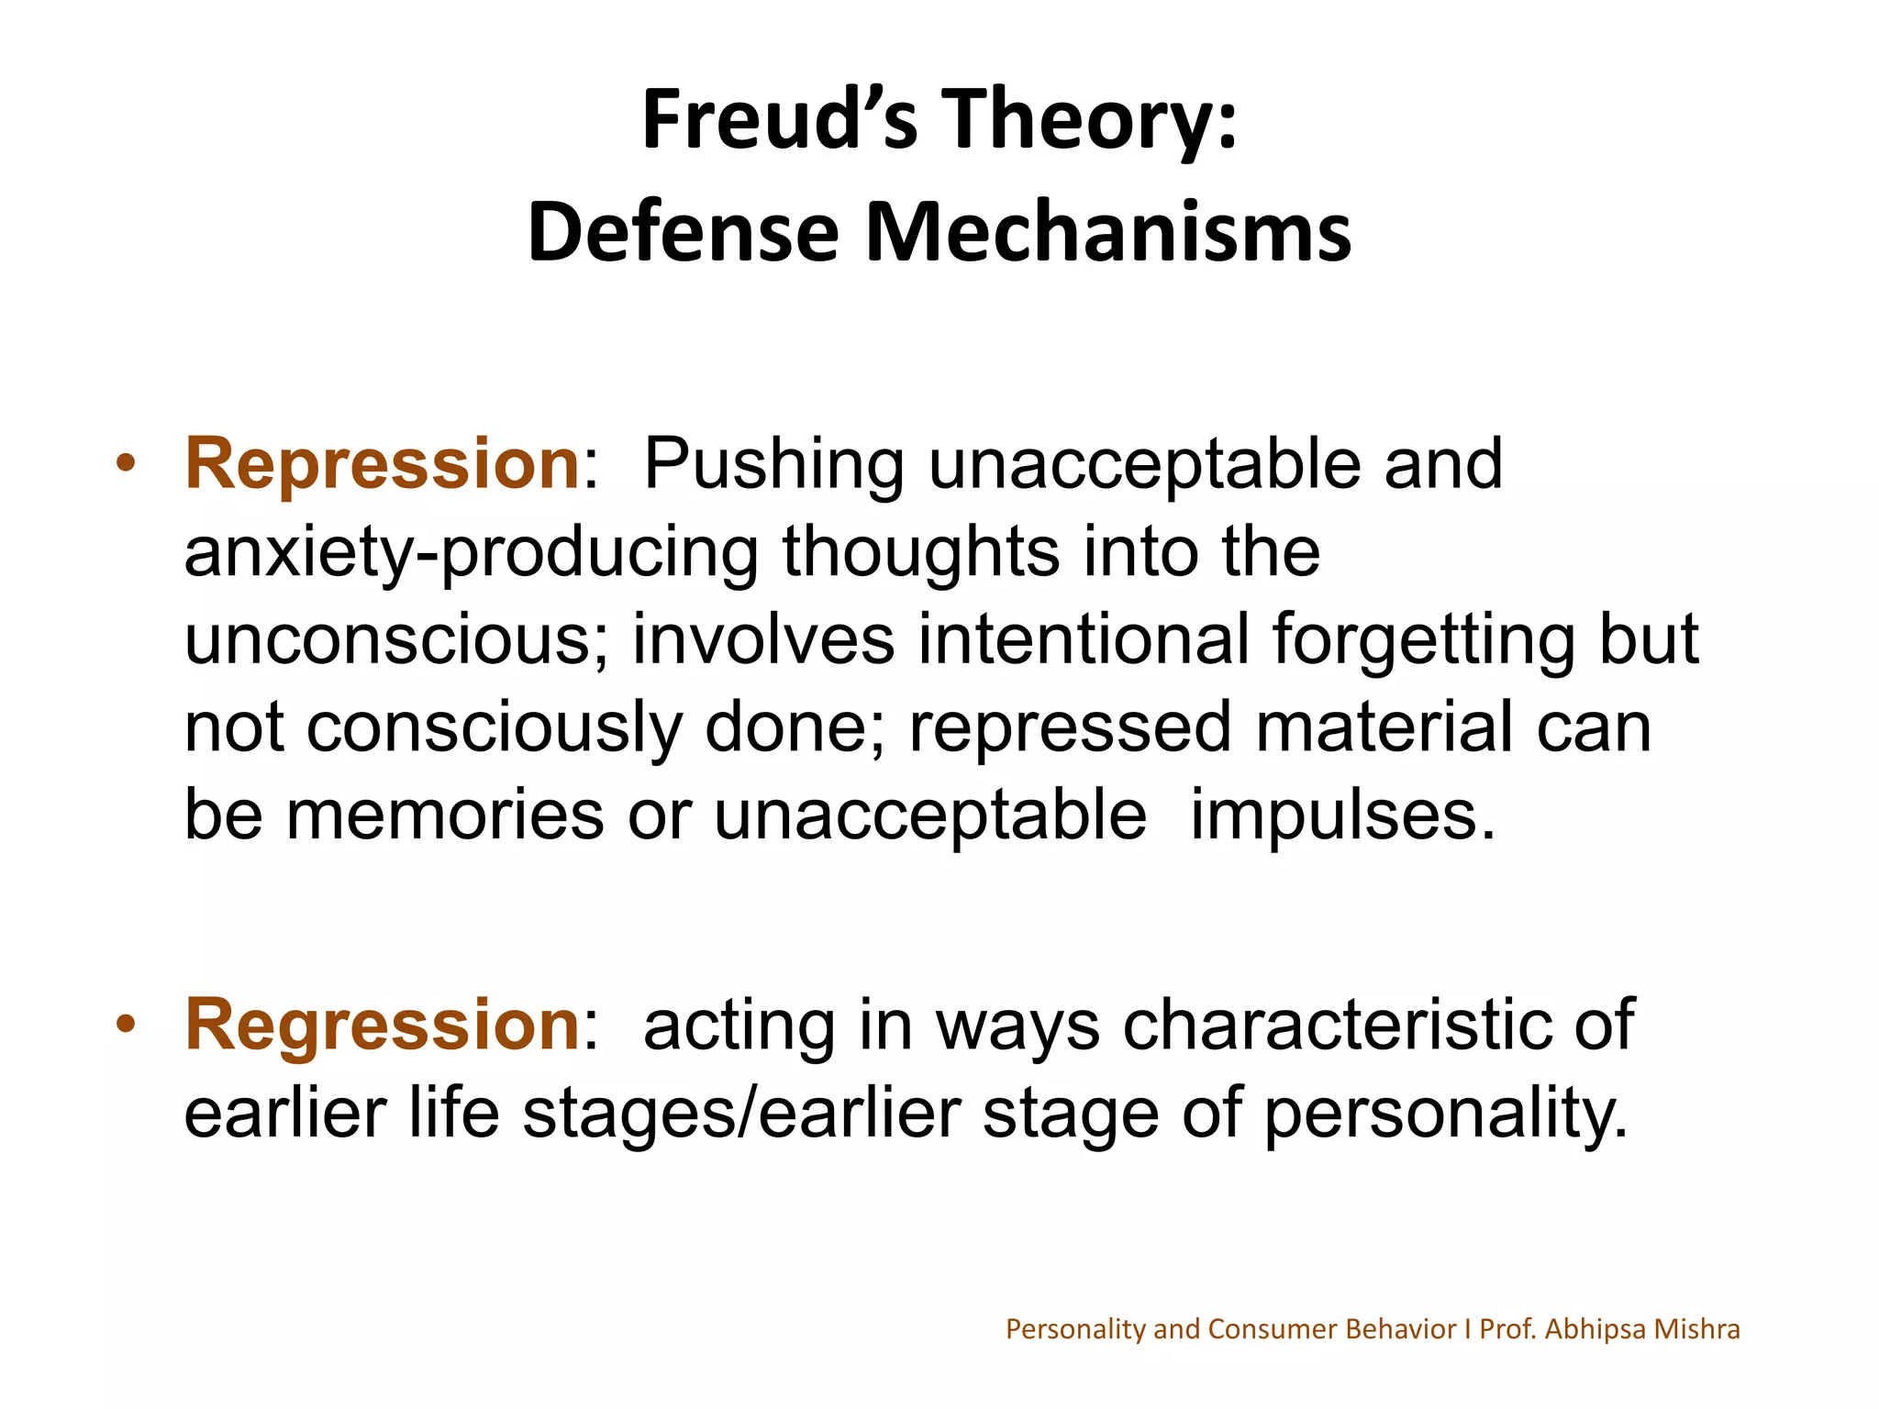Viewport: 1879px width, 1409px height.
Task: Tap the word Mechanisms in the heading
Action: pos(1107,232)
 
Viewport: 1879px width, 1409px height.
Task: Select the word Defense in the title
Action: pos(684,232)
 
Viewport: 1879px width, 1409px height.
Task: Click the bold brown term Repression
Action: pos(382,463)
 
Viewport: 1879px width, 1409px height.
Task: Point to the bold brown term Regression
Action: pos(382,1024)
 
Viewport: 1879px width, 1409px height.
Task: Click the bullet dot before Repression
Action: pos(127,462)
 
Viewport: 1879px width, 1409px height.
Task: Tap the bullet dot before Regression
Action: pos(127,1022)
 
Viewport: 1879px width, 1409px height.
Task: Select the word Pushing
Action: pos(773,465)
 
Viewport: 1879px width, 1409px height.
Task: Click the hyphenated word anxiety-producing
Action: pos(471,553)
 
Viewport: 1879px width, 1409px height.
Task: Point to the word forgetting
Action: pos(1423,641)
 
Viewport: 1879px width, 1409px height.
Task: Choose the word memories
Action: pos(445,815)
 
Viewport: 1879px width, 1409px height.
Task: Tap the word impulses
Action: pos(1342,816)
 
